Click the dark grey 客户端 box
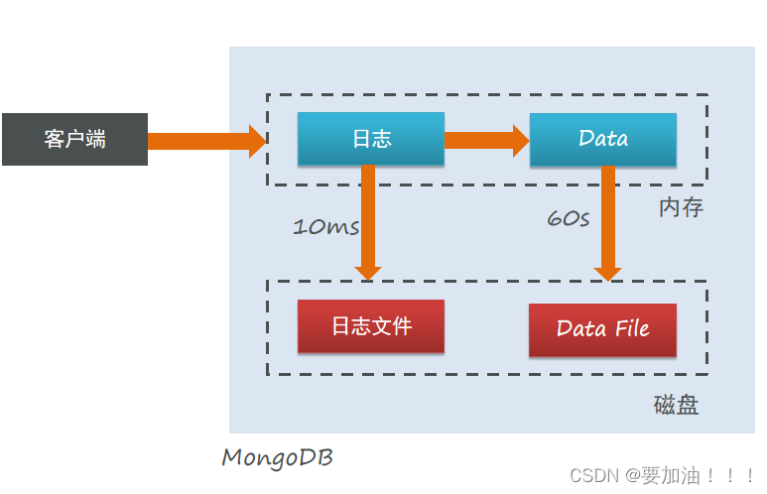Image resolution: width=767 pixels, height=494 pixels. point(74,140)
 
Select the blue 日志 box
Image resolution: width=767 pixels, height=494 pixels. point(371,139)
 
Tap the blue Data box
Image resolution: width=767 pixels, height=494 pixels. point(603,140)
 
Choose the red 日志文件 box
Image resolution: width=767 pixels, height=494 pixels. point(371,326)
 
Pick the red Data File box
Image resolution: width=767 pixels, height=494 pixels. point(602,330)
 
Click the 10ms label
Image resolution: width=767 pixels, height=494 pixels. point(325,227)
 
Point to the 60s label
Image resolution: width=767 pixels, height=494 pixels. point(568,218)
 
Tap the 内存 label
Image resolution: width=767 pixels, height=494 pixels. point(681,207)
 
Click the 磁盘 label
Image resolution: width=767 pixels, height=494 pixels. point(676,405)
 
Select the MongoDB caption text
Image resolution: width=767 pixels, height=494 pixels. point(278,458)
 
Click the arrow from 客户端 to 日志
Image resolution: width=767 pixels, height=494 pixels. point(207,141)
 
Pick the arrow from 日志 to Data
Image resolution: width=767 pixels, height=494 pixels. point(487,141)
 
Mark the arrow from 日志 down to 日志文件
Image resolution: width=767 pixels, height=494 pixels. point(368,223)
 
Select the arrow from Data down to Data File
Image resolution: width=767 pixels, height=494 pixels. point(608,224)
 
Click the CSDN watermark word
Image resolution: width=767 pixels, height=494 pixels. point(594,475)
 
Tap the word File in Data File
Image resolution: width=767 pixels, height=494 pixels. point(632,328)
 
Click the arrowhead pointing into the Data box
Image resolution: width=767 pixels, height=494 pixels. point(522,141)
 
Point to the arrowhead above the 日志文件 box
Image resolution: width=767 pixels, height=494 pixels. point(368,274)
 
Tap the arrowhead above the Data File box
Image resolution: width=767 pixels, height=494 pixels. point(608,275)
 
